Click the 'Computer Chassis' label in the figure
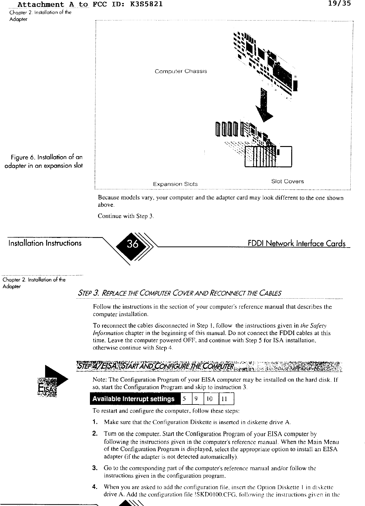coord(180,71)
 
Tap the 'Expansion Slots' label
coord(175,184)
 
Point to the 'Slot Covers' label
coord(287,181)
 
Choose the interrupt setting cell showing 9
coord(196,399)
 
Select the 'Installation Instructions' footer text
coord(42,243)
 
